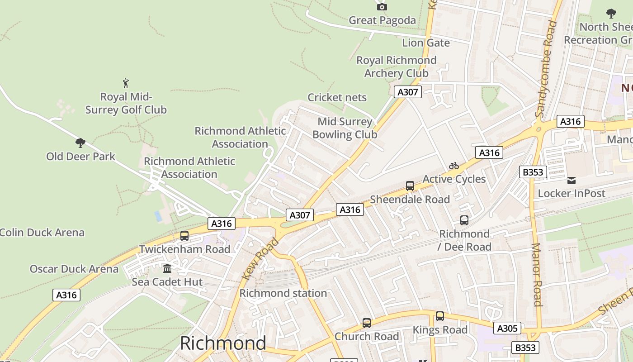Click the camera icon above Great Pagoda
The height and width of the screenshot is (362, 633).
click(x=382, y=7)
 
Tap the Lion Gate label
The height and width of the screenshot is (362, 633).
click(x=426, y=43)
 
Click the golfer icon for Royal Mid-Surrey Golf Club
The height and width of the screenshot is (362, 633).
click(x=126, y=83)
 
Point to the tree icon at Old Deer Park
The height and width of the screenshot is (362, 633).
click(x=80, y=143)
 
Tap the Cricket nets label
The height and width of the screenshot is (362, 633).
click(x=337, y=97)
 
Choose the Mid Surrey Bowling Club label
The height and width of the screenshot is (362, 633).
click(x=345, y=128)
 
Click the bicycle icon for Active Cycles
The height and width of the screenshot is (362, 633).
click(x=454, y=166)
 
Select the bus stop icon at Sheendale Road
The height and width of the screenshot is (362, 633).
click(x=410, y=186)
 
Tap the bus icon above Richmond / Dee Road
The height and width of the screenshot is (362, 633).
click(x=464, y=220)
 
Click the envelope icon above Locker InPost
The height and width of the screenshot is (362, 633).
click(x=572, y=181)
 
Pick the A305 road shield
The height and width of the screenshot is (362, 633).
click(x=507, y=328)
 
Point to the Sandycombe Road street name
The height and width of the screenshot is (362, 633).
click(x=546, y=69)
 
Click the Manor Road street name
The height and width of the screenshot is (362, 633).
click(x=537, y=275)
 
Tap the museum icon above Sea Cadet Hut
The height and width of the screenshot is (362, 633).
click(x=167, y=269)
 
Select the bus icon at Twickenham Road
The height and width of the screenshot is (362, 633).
click(x=184, y=236)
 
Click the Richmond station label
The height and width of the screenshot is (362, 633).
click(x=283, y=293)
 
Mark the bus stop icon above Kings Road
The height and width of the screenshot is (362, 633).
click(x=440, y=316)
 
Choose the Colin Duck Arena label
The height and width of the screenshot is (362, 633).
click(x=42, y=233)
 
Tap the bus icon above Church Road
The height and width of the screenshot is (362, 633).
click(x=367, y=323)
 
